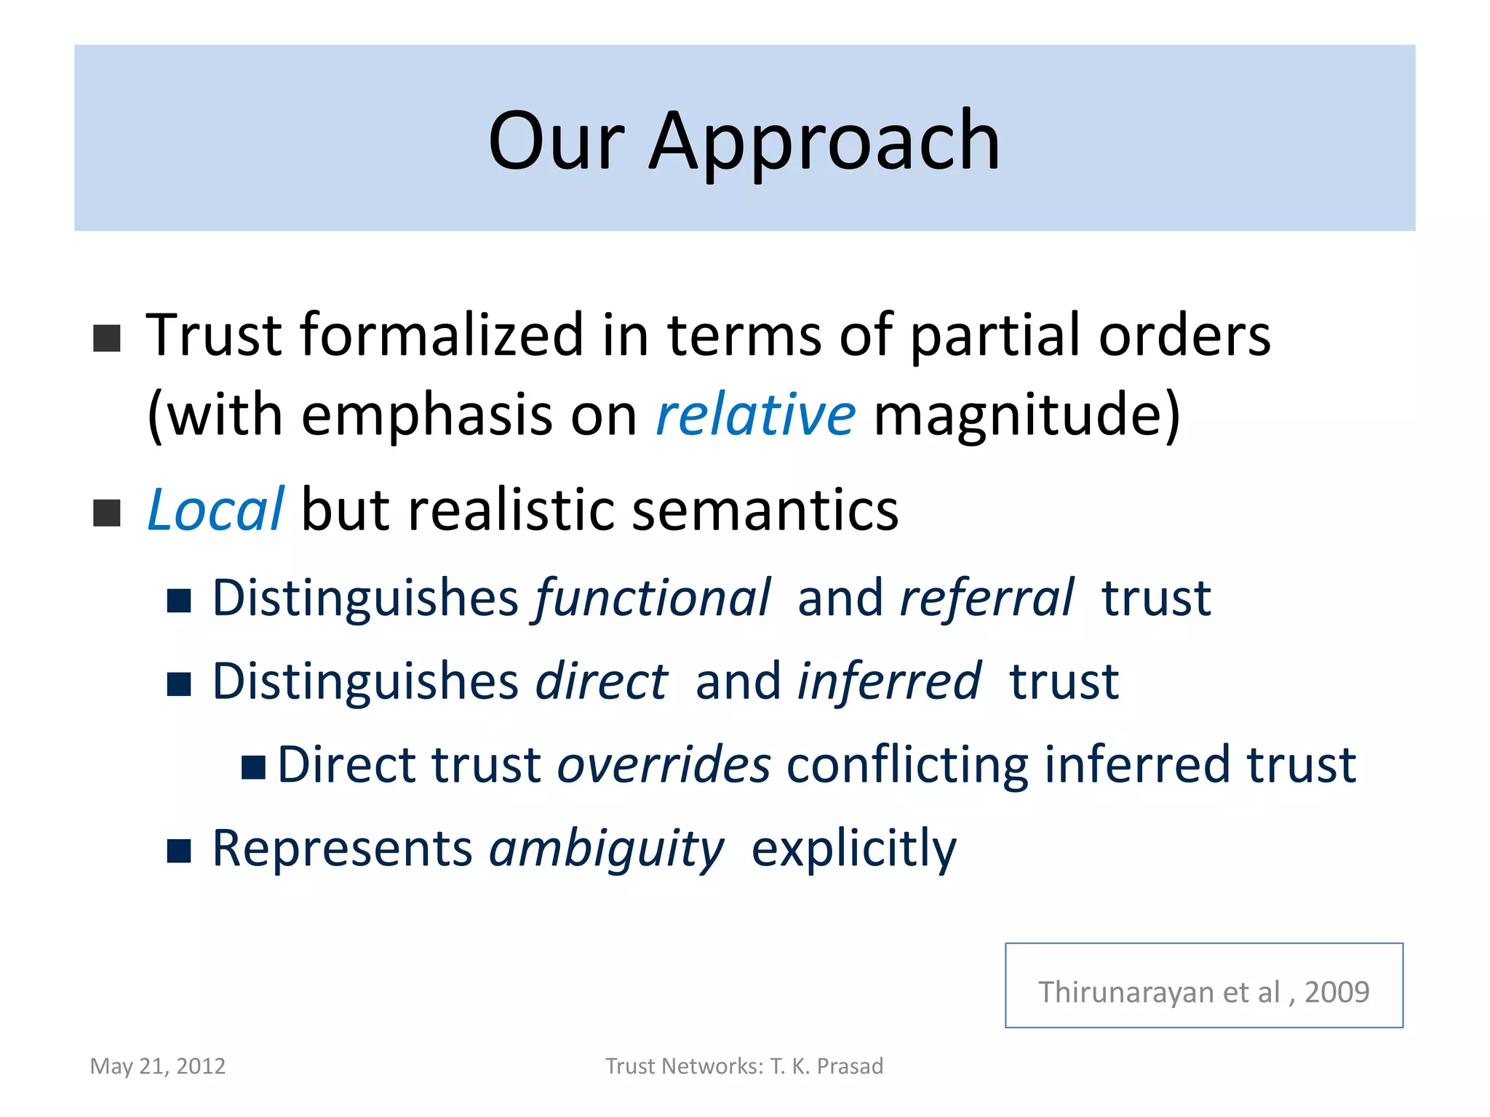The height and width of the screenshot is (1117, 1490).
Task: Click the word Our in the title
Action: [x=557, y=142]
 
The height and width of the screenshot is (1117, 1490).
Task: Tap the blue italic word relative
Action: [x=756, y=415]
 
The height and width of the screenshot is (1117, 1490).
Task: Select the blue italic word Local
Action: [x=215, y=511]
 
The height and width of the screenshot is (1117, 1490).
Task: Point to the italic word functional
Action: [x=653, y=598]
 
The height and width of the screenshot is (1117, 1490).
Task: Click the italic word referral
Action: [x=987, y=598]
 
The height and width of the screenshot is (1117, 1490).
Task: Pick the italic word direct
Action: [x=601, y=682]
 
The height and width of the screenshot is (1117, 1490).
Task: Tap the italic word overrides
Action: [x=664, y=765]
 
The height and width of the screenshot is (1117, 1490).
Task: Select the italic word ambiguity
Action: [x=607, y=849]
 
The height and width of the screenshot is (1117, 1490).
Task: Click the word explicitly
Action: [x=853, y=849]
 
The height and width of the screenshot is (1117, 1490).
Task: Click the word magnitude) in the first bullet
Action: [x=1026, y=415]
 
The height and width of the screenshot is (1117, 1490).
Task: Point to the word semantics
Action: [x=765, y=511]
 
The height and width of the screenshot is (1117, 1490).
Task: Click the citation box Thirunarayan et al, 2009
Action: [x=1203, y=985]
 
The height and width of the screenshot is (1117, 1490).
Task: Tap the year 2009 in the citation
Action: [x=1336, y=992]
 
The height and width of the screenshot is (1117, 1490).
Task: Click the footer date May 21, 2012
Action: [x=158, y=1066]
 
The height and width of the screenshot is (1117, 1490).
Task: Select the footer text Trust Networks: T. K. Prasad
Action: [x=744, y=1066]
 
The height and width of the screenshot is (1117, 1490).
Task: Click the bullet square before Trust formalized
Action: [x=107, y=338]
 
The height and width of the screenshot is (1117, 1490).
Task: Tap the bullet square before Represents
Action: [x=179, y=850]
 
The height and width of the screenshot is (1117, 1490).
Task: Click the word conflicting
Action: [x=907, y=765]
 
